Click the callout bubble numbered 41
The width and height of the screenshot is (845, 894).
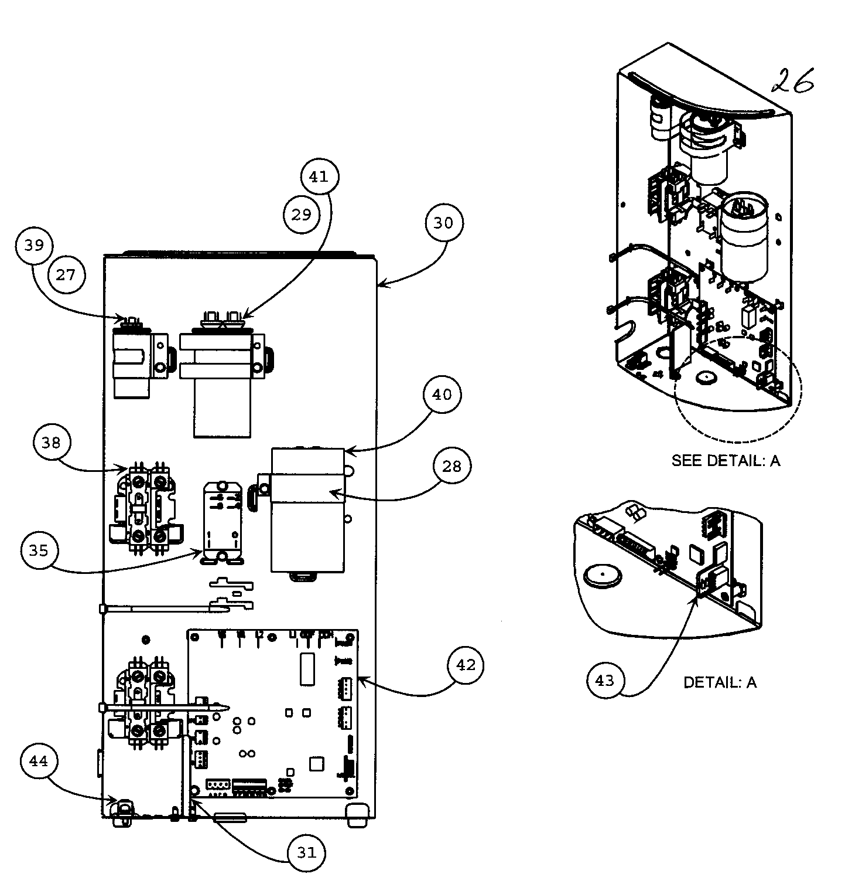click(x=319, y=176)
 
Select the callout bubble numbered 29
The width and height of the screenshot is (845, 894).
click(x=302, y=215)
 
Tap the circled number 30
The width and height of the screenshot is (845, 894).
click(x=443, y=223)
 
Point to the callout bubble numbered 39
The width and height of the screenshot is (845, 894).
click(x=34, y=244)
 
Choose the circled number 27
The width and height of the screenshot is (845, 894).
click(x=66, y=274)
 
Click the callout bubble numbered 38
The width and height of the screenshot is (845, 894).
click(x=52, y=443)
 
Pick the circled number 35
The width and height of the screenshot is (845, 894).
click(x=39, y=550)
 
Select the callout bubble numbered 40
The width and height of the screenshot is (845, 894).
click(x=442, y=395)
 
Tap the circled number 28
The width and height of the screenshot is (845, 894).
click(x=451, y=467)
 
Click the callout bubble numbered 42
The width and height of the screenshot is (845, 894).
click(x=466, y=665)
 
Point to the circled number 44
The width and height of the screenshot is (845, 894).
click(x=38, y=762)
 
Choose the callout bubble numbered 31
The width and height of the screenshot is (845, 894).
click(x=306, y=853)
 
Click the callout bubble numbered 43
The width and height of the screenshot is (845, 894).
click(x=605, y=681)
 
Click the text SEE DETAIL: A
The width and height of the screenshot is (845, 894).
click(x=726, y=461)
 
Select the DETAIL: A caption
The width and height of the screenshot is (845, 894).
click(x=720, y=682)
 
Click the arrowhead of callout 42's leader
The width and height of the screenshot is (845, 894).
click(x=360, y=678)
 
